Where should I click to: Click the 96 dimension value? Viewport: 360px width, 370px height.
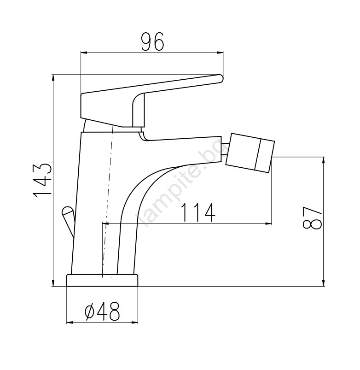[152, 42]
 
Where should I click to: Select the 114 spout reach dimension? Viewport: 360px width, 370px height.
[198, 213]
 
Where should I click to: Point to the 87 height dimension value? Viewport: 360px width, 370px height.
[312, 218]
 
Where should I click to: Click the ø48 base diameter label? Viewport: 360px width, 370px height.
[102, 311]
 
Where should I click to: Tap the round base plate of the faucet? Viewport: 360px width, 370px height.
[102, 280]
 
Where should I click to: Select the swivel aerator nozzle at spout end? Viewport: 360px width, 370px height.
[250, 153]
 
